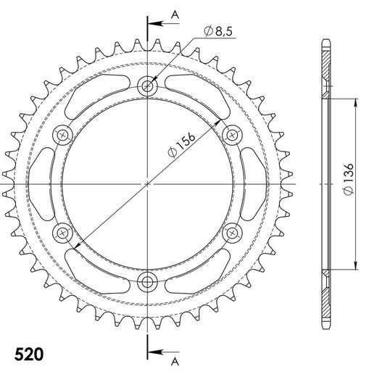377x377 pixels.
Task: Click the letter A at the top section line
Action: click(x=174, y=14)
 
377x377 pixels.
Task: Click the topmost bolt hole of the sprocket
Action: click(x=148, y=86)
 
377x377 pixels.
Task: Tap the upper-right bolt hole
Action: click(x=233, y=135)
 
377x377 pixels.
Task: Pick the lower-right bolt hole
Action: click(x=233, y=233)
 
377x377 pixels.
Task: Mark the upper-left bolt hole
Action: click(x=63, y=135)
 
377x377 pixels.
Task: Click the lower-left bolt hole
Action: click(x=63, y=233)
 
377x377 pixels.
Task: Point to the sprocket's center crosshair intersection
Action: click(x=148, y=184)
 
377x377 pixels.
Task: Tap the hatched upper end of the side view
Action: click(x=326, y=69)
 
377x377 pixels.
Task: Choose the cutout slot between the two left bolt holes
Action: click(x=43, y=184)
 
